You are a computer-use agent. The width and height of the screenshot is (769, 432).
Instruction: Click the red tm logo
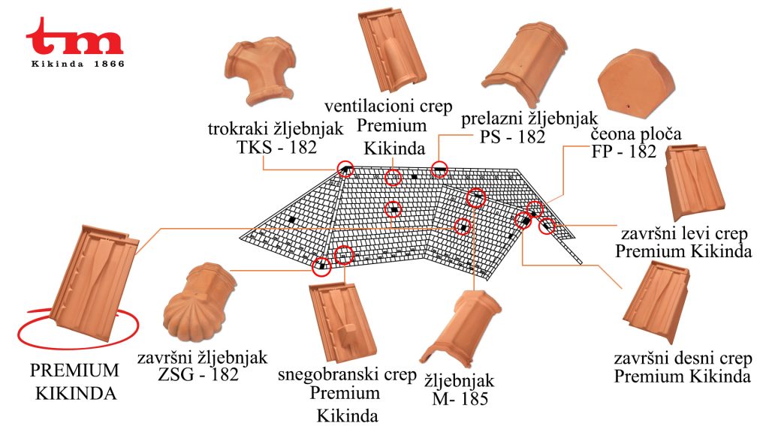pos(74,37)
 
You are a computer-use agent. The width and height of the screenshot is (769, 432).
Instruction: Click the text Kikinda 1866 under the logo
pos(78,64)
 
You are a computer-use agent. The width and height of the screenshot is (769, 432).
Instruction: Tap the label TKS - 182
pos(277,147)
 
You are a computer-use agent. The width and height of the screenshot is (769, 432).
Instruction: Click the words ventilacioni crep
pos(388,106)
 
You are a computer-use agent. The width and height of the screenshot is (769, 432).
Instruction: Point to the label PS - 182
pos(512,136)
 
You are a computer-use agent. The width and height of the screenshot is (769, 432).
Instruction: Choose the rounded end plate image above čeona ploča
pos(635,83)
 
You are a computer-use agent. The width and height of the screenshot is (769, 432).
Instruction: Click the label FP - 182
pos(623,151)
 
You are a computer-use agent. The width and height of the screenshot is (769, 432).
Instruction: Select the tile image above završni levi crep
pos(694,182)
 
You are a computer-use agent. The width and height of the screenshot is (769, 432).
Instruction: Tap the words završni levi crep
pos(685,234)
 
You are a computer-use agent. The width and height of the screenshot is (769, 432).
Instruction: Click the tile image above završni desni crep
pos(656,301)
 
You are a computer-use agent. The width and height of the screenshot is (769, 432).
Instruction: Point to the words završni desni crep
pos(683,358)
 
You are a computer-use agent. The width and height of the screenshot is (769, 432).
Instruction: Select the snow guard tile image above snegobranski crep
pos(342,322)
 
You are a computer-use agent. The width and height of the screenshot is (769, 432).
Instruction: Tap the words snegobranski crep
pos(347,375)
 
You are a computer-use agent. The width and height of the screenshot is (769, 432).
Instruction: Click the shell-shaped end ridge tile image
pos(199,302)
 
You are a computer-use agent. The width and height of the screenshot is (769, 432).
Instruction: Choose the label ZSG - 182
pos(198,375)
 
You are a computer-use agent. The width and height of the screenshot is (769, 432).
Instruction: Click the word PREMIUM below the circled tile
pos(74,370)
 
